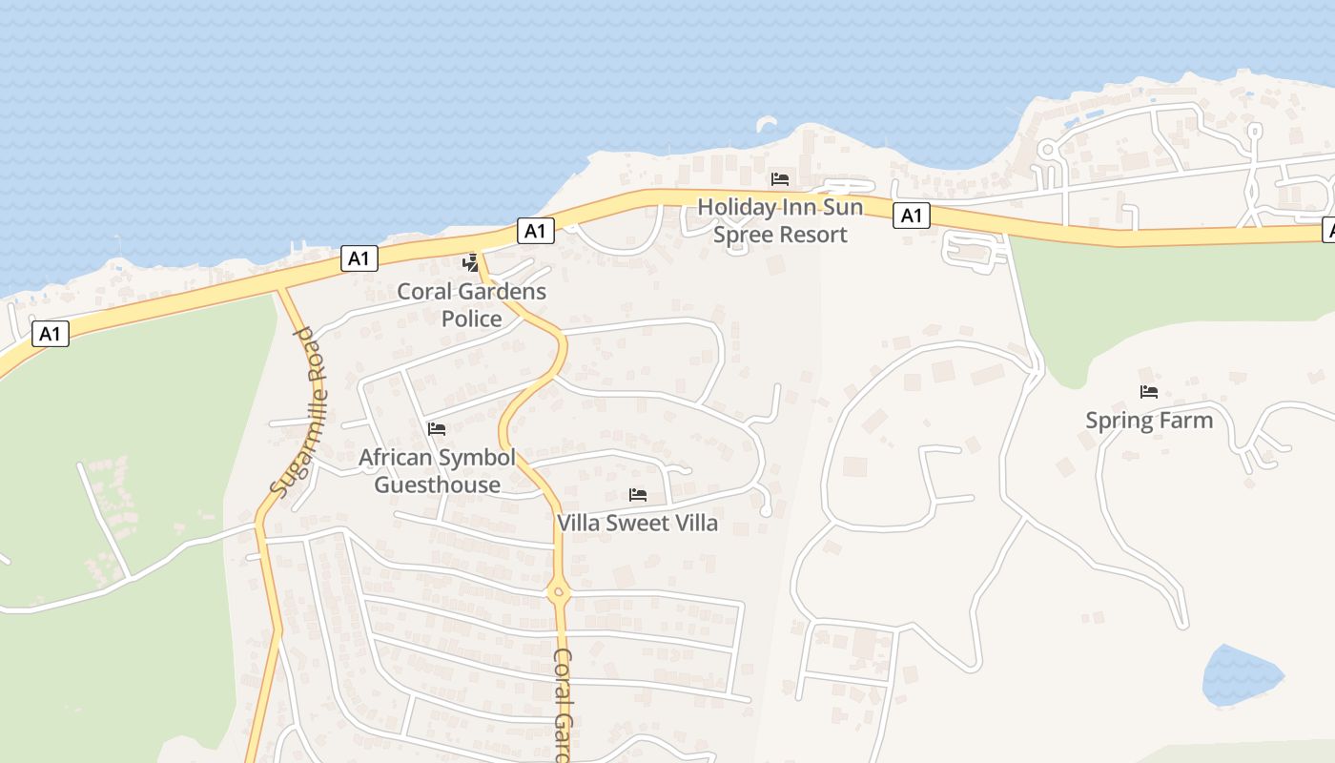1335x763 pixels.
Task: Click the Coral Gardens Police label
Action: pos(471,304)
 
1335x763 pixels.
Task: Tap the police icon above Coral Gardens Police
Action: pos(470,262)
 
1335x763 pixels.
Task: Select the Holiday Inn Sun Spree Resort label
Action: pos(780,220)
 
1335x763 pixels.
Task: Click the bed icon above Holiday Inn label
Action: pos(780,179)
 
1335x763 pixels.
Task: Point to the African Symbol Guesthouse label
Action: pos(437,470)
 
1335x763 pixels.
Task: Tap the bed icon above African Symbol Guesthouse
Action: pos(437,429)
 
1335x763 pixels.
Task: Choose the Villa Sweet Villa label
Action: pos(637,523)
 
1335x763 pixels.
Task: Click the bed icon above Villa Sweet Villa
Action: pos(638,494)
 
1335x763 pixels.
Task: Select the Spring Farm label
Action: pos(1149,420)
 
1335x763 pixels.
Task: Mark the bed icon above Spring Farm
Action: pos(1149,391)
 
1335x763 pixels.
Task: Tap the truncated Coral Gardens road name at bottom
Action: pos(564,706)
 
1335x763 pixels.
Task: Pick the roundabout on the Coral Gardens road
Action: pos(559,592)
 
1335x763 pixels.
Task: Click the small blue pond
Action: pos(1240,675)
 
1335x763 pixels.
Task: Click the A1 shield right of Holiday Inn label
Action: pos(912,217)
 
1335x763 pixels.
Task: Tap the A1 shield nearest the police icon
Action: pos(536,230)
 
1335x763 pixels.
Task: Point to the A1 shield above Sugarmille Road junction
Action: pos(359,258)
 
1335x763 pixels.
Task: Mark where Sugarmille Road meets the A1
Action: pos(280,289)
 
